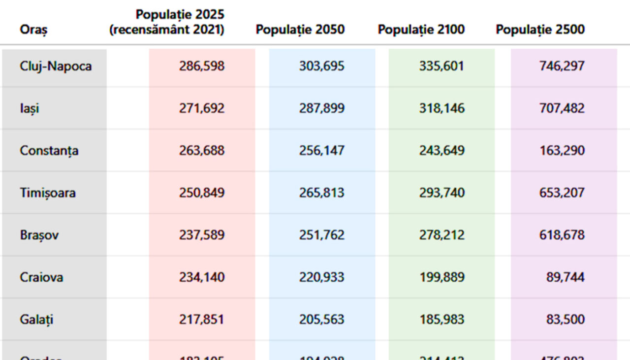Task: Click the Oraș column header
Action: [33, 30]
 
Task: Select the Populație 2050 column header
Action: [300, 30]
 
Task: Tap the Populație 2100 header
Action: [421, 30]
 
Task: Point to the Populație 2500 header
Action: [540, 30]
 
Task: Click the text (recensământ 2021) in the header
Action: [167, 30]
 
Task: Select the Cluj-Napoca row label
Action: [56, 66]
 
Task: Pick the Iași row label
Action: [30, 108]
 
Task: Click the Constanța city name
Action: [49, 151]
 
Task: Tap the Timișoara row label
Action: [48, 193]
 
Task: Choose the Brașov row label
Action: [39, 235]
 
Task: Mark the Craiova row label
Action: [41, 277]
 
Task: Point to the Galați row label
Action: [36, 320]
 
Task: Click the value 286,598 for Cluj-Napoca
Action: [201, 66]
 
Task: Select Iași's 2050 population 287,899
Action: [321, 108]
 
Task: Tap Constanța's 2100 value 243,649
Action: [441, 151]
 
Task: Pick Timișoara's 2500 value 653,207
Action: [562, 193]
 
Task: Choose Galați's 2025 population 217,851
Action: [201, 320]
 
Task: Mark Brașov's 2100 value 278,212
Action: [441, 235]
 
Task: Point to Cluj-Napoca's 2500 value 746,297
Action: [562, 66]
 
